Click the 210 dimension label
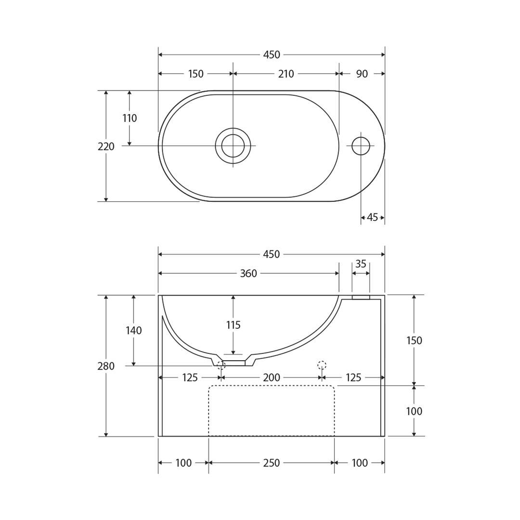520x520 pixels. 286,74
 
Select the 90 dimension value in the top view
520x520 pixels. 362,74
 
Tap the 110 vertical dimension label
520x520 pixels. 130,118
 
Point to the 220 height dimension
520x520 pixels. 106,147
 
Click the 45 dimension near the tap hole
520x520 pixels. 372,218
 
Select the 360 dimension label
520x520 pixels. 248,273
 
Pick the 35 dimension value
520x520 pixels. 361,264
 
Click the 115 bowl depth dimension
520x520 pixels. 233,325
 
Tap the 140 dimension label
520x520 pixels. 133,331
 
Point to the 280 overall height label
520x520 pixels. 106,366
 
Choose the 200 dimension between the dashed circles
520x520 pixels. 272,378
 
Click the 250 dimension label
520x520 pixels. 272,463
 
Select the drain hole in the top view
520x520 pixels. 233,146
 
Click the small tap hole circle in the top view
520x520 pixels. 361,146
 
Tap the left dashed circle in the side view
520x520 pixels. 221,365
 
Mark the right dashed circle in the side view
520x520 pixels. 322,365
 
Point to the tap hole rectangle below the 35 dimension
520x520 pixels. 361,298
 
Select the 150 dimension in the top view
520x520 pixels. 195,74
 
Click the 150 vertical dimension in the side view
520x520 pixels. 414,341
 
